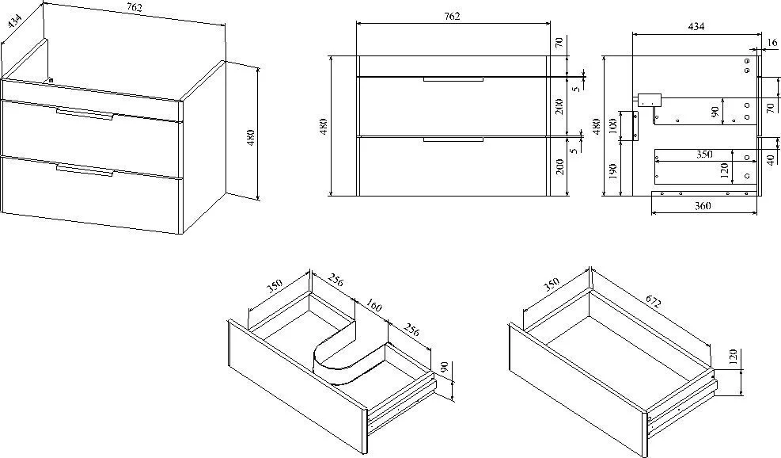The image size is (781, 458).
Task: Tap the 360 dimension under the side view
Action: pos(702,207)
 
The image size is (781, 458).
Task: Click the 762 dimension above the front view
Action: pos(452,16)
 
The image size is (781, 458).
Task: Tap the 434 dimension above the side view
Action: pos(696,26)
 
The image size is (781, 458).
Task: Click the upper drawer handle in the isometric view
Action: pos(85,113)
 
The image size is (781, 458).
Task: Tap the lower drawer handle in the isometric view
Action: pos(85,169)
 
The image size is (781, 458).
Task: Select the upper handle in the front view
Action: pos(453,79)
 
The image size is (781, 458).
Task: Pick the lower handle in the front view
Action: pos(453,139)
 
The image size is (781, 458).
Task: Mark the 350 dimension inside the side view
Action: pos(703,155)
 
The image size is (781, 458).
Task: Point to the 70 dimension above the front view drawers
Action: pos(558,44)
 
